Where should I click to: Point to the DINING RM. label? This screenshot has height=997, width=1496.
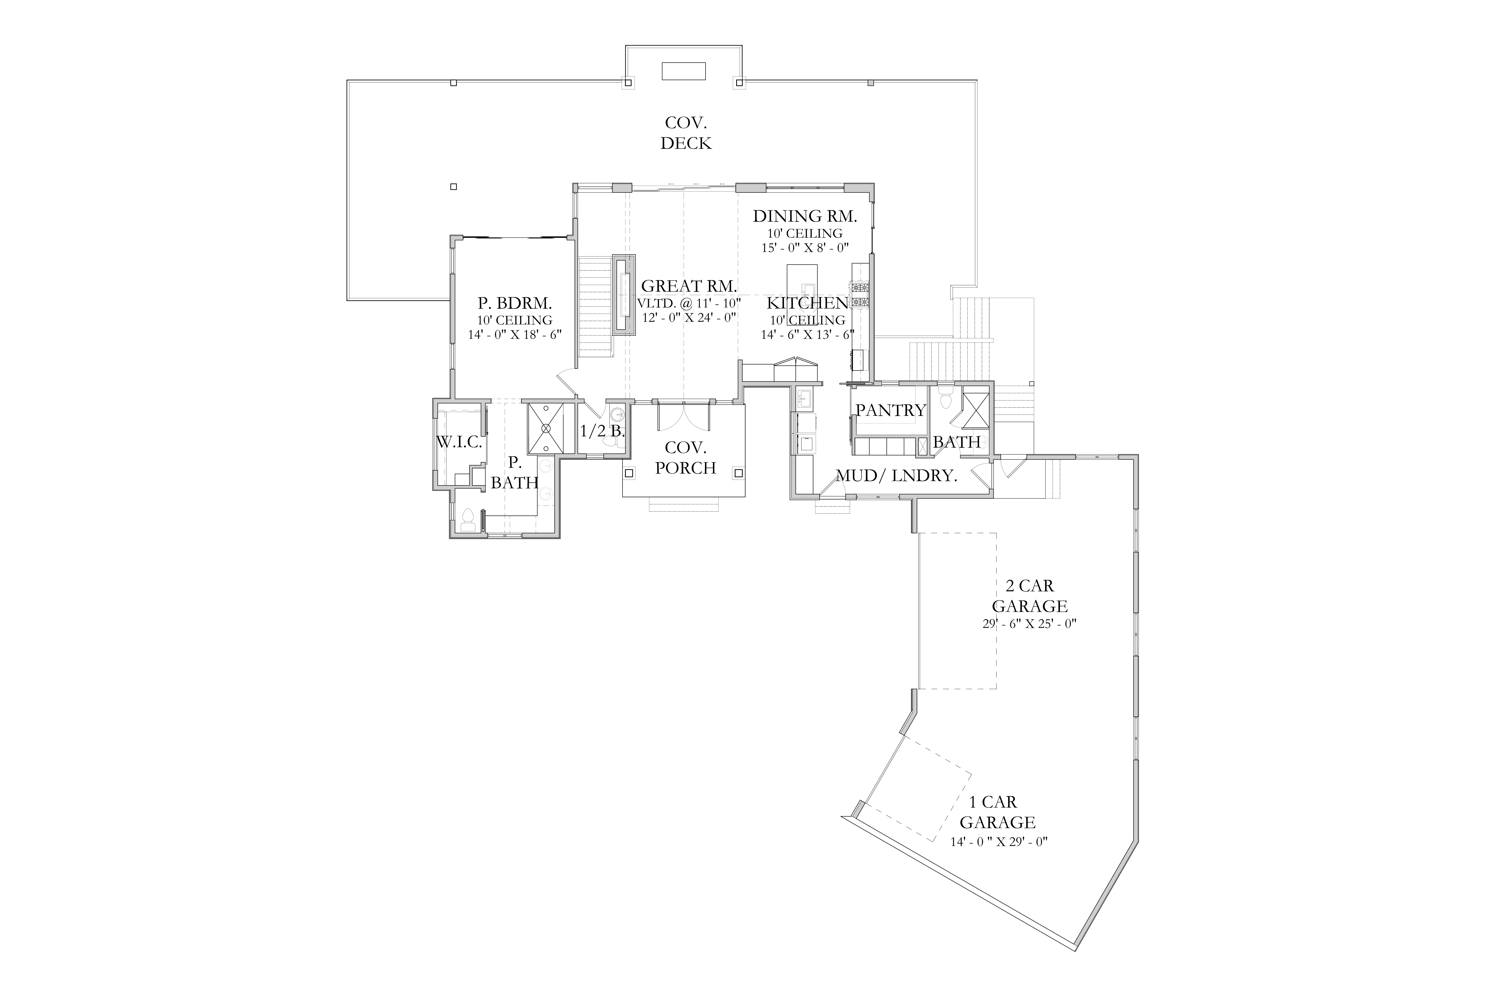coord(805,216)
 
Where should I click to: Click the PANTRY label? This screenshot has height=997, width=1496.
coord(891,410)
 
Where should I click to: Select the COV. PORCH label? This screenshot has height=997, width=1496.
coord(686,458)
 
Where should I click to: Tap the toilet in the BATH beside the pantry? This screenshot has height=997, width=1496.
coord(945,399)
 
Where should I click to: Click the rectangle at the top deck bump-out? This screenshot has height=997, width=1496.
coord(684,71)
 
